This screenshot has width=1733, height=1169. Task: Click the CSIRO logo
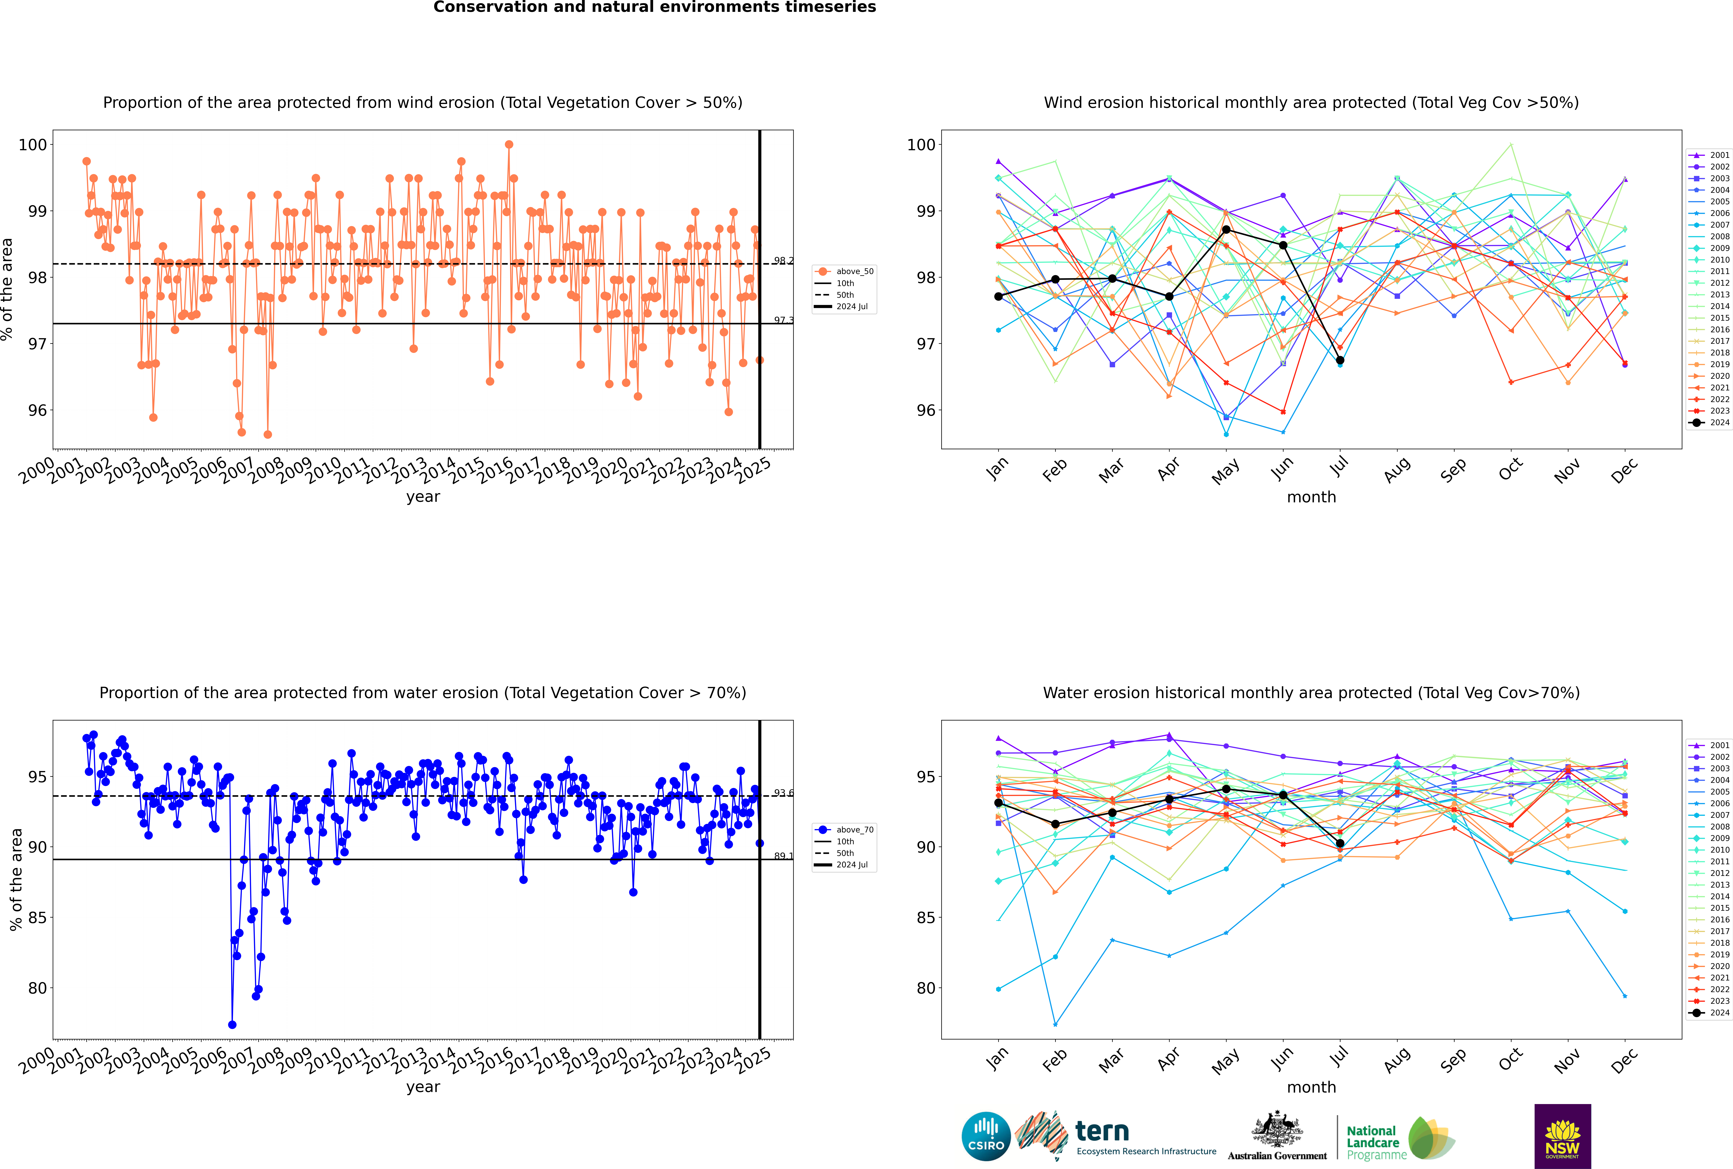pyautogui.click(x=986, y=1136)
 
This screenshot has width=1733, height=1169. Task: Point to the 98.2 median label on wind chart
pyautogui.click(x=783, y=261)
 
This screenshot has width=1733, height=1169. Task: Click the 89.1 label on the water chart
pyautogui.click(x=783, y=856)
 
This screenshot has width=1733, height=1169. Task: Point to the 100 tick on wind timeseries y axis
pyautogui.click(x=33, y=145)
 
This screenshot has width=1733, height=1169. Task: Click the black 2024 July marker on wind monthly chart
pyautogui.click(x=1340, y=360)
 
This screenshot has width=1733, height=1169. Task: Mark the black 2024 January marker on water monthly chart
pyautogui.click(x=998, y=803)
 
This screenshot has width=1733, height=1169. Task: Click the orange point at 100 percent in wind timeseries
pyautogui.click(x=509, y=145)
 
